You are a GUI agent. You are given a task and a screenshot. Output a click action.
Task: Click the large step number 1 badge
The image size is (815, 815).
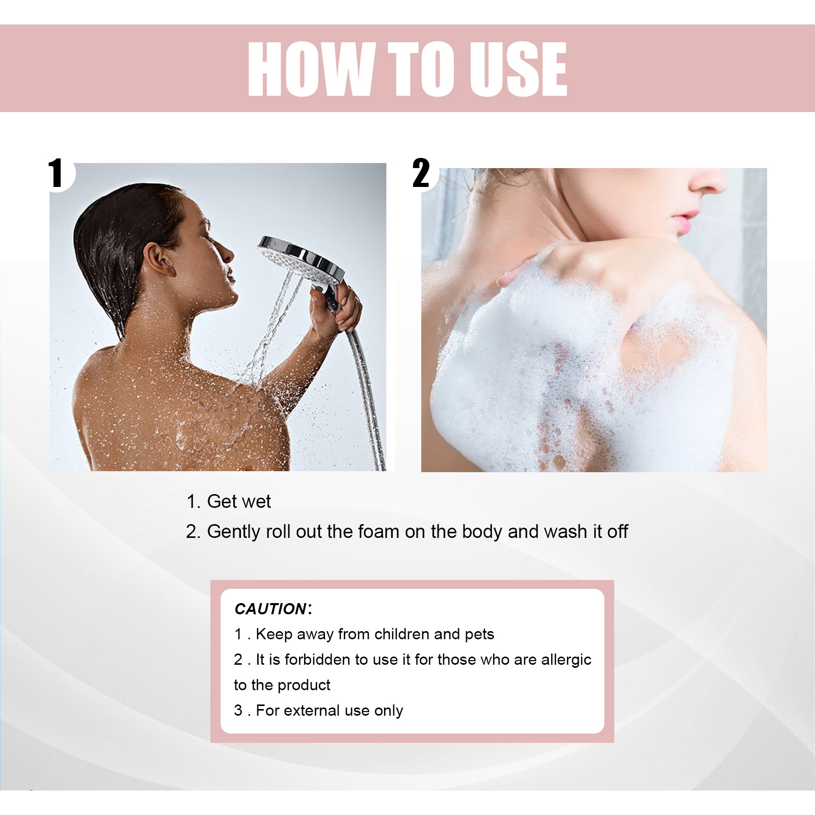[x=57, y=173]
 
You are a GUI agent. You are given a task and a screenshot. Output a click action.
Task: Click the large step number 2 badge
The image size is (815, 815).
[x=421, y=173]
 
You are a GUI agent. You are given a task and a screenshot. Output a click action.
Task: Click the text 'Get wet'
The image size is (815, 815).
[x=238, y=502]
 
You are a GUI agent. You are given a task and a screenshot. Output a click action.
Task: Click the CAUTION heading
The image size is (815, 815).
[x=270, y=609]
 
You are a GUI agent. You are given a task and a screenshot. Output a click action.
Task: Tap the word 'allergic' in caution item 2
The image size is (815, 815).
[x=566, y=660]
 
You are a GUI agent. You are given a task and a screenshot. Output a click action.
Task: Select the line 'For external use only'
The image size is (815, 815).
[x=329, y=711]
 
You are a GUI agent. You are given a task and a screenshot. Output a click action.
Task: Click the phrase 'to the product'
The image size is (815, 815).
[x=282, y=685]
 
